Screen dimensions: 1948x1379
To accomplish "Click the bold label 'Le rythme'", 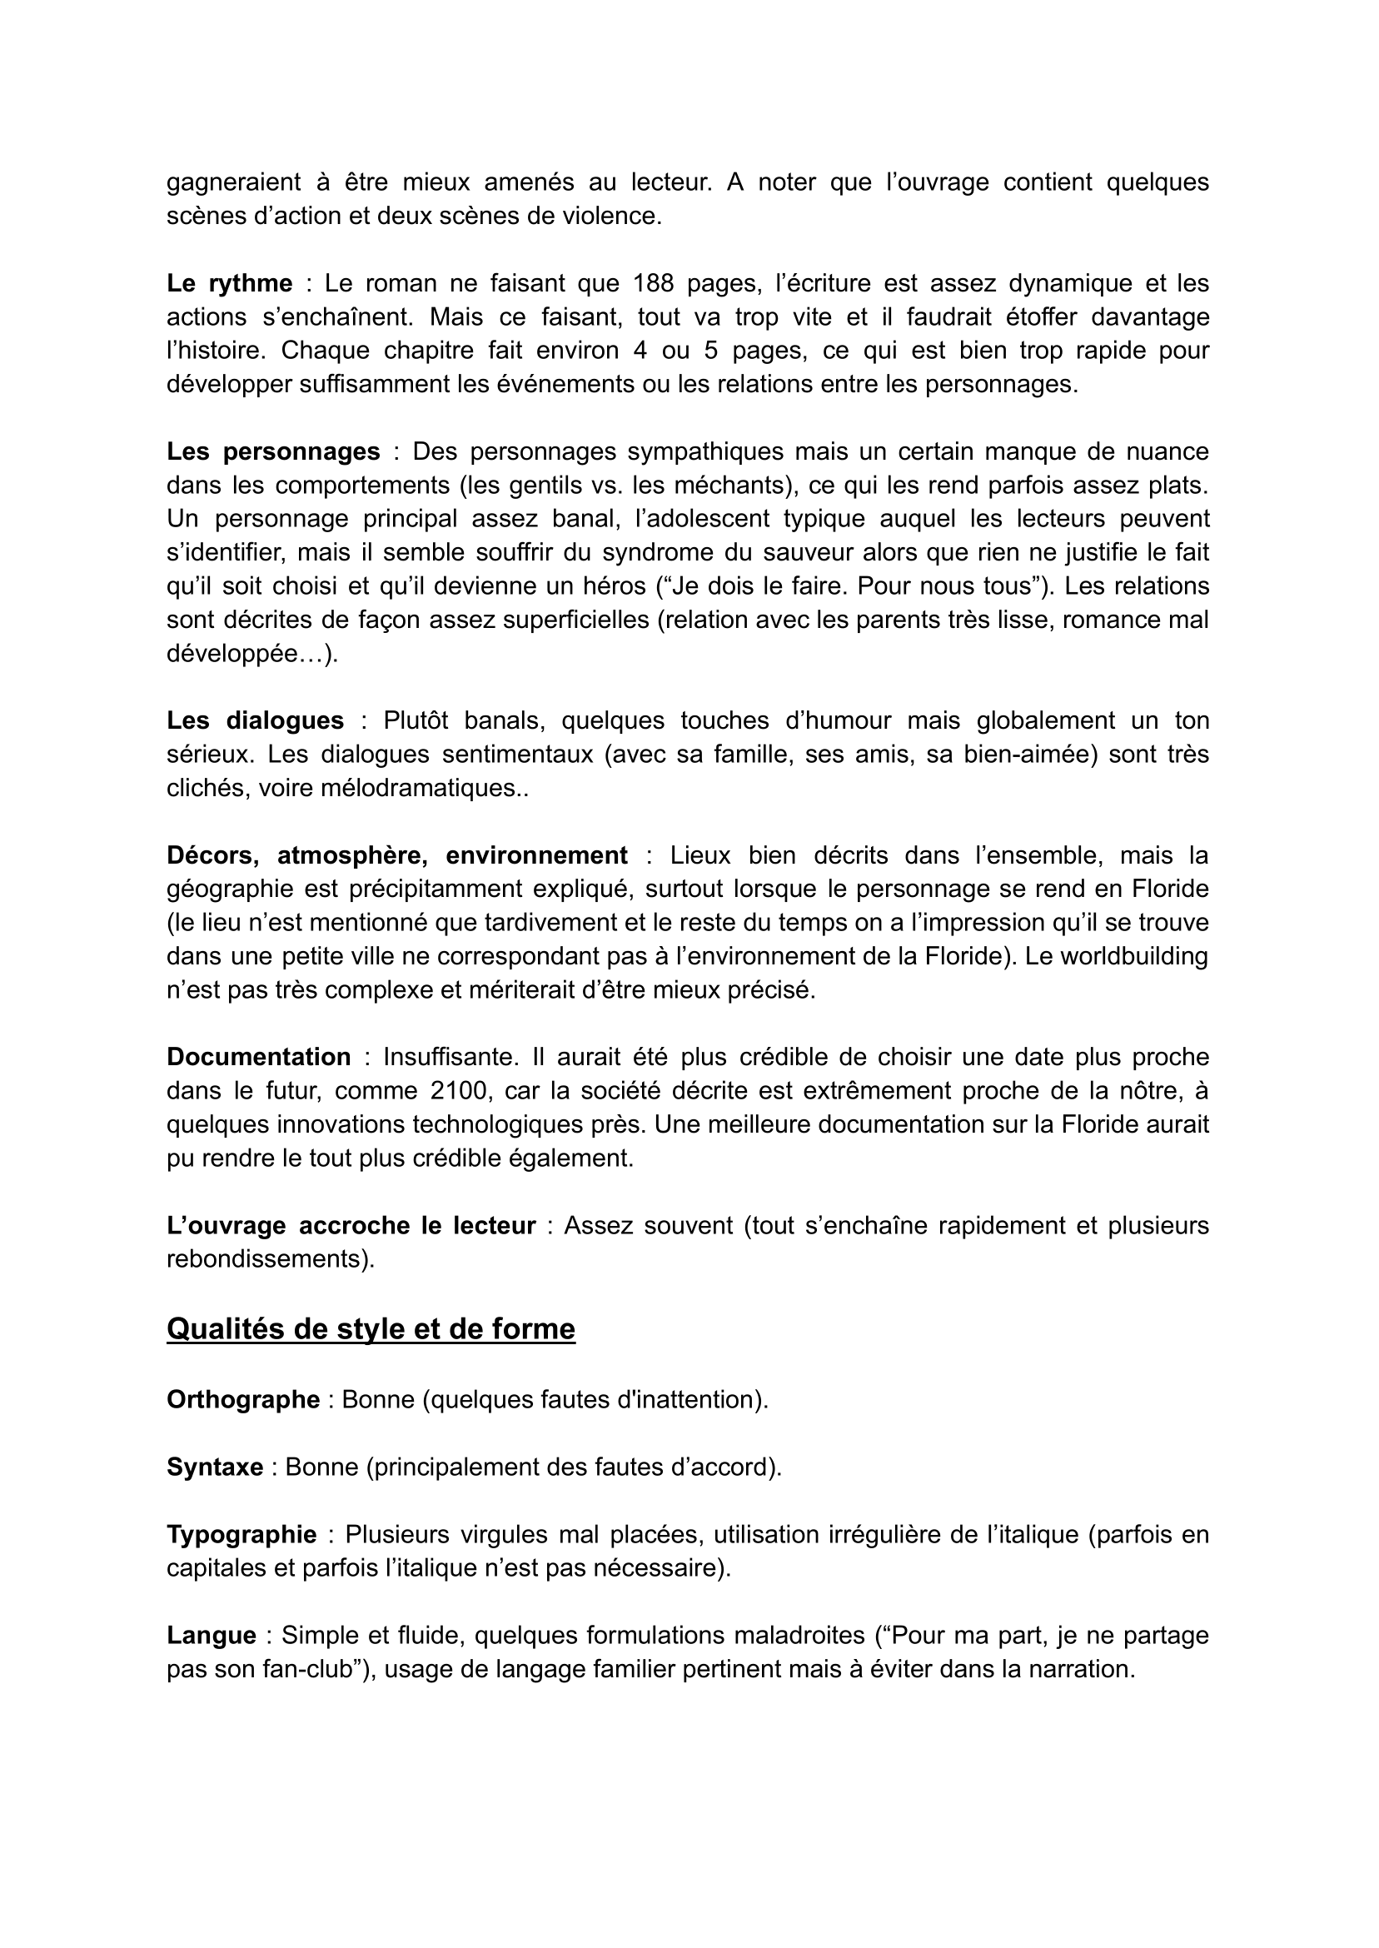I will pyautogui.click(x=229, y=283).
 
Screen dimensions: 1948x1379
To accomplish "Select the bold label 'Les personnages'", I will pyautogui.click(x=273, y=451).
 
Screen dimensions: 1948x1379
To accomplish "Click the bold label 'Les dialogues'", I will pyautogui.click(x=255, y=720).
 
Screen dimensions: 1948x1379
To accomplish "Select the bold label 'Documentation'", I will pyautogui.click(x=258, y=1056).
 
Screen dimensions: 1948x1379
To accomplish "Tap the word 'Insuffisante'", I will pyautogui.click(x=449, y=1056).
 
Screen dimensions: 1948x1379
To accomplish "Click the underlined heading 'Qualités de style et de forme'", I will pyautogui.click(x=371, y=1329).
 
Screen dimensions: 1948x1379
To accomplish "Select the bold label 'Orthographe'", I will pyautogui.click(x=243, y=1399).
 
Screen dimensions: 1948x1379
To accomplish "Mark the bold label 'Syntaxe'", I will pyautogui.click(x=215, y=1467).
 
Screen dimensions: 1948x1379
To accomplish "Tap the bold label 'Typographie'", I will pyautogui.click(x=241, y=1534).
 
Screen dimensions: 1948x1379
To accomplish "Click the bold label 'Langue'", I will pyautogui.click(x=212, y=1636).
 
